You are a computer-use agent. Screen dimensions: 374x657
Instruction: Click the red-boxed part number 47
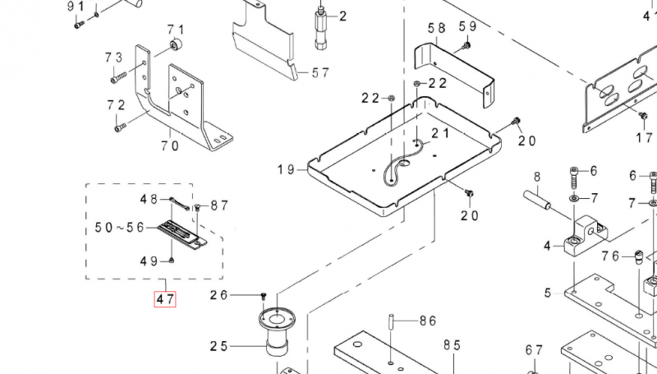coord(165,299)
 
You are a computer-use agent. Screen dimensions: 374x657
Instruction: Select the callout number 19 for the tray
coord(285,169)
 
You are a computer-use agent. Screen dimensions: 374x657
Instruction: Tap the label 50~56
coord(120,226)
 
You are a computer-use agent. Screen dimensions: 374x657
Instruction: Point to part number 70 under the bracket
coord(170,146)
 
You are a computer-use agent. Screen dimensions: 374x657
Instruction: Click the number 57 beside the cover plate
coord(319,72)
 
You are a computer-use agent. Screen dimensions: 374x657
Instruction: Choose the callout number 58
coord(436,28)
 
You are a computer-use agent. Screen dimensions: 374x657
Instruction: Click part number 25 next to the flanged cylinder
coord(218,346)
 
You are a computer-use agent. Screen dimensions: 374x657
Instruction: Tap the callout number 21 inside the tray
coord(440,133)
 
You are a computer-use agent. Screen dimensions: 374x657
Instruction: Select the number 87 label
coord(219,205)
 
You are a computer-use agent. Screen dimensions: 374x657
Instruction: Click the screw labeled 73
coord(117,78)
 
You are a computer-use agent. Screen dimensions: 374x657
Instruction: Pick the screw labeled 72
coord(120,127)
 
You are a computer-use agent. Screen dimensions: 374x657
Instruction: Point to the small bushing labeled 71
coord(175,42)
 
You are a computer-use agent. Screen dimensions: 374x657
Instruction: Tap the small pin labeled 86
coord(393,319)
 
